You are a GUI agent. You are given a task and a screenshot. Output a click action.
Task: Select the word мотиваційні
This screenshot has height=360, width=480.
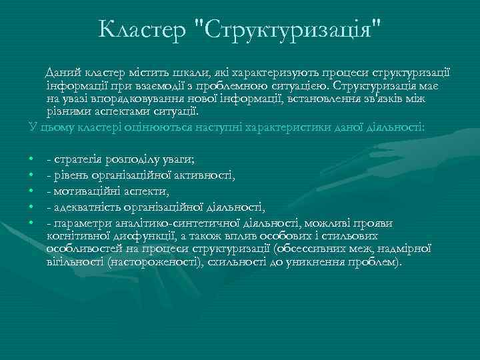tap(85, 190)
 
